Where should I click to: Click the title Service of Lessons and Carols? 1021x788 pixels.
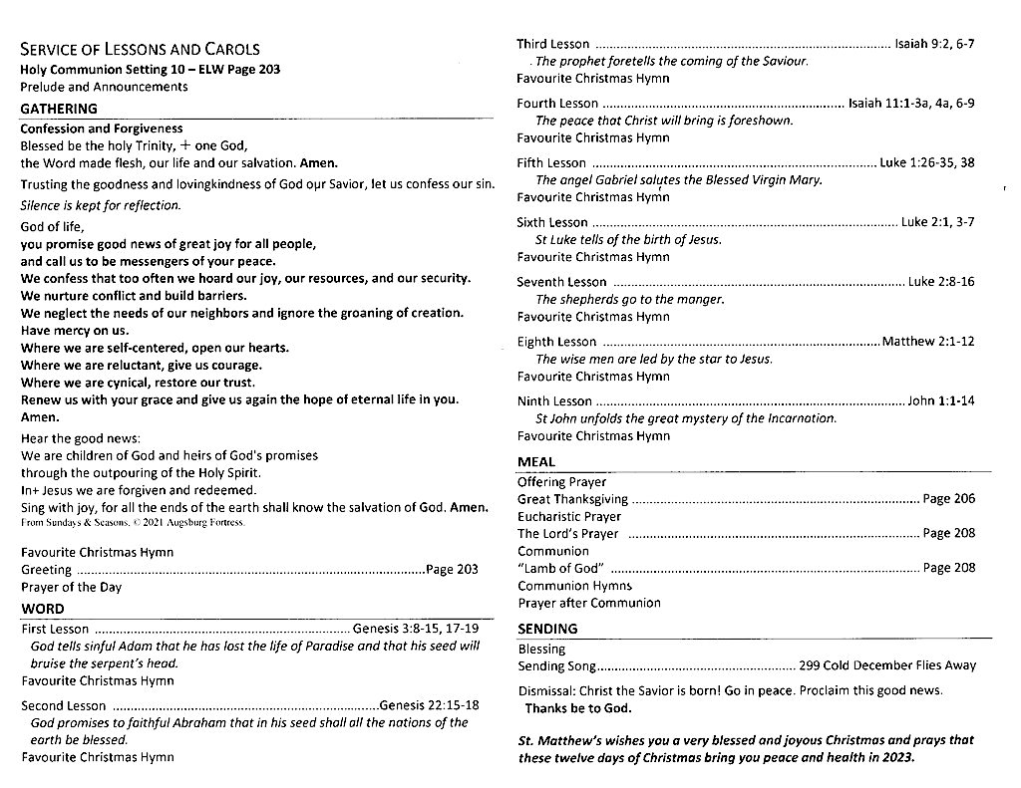140,49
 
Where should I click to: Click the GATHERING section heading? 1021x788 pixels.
59,109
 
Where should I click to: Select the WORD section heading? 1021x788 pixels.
42,608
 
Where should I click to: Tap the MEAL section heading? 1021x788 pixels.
536,461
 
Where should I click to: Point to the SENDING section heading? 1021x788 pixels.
547,628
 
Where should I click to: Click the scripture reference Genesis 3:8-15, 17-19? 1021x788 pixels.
416,629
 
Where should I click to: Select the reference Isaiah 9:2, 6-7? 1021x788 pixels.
934,44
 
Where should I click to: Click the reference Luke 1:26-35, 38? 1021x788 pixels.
927,162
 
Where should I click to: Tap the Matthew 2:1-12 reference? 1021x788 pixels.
928,342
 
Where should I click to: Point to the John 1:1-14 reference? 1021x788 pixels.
941,400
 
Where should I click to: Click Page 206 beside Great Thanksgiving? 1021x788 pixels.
949,498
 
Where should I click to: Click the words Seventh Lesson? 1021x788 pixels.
561,282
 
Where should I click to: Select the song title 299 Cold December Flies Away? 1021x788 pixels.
887,665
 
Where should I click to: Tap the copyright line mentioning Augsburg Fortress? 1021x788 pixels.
132,522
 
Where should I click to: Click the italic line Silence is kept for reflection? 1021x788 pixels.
101,205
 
